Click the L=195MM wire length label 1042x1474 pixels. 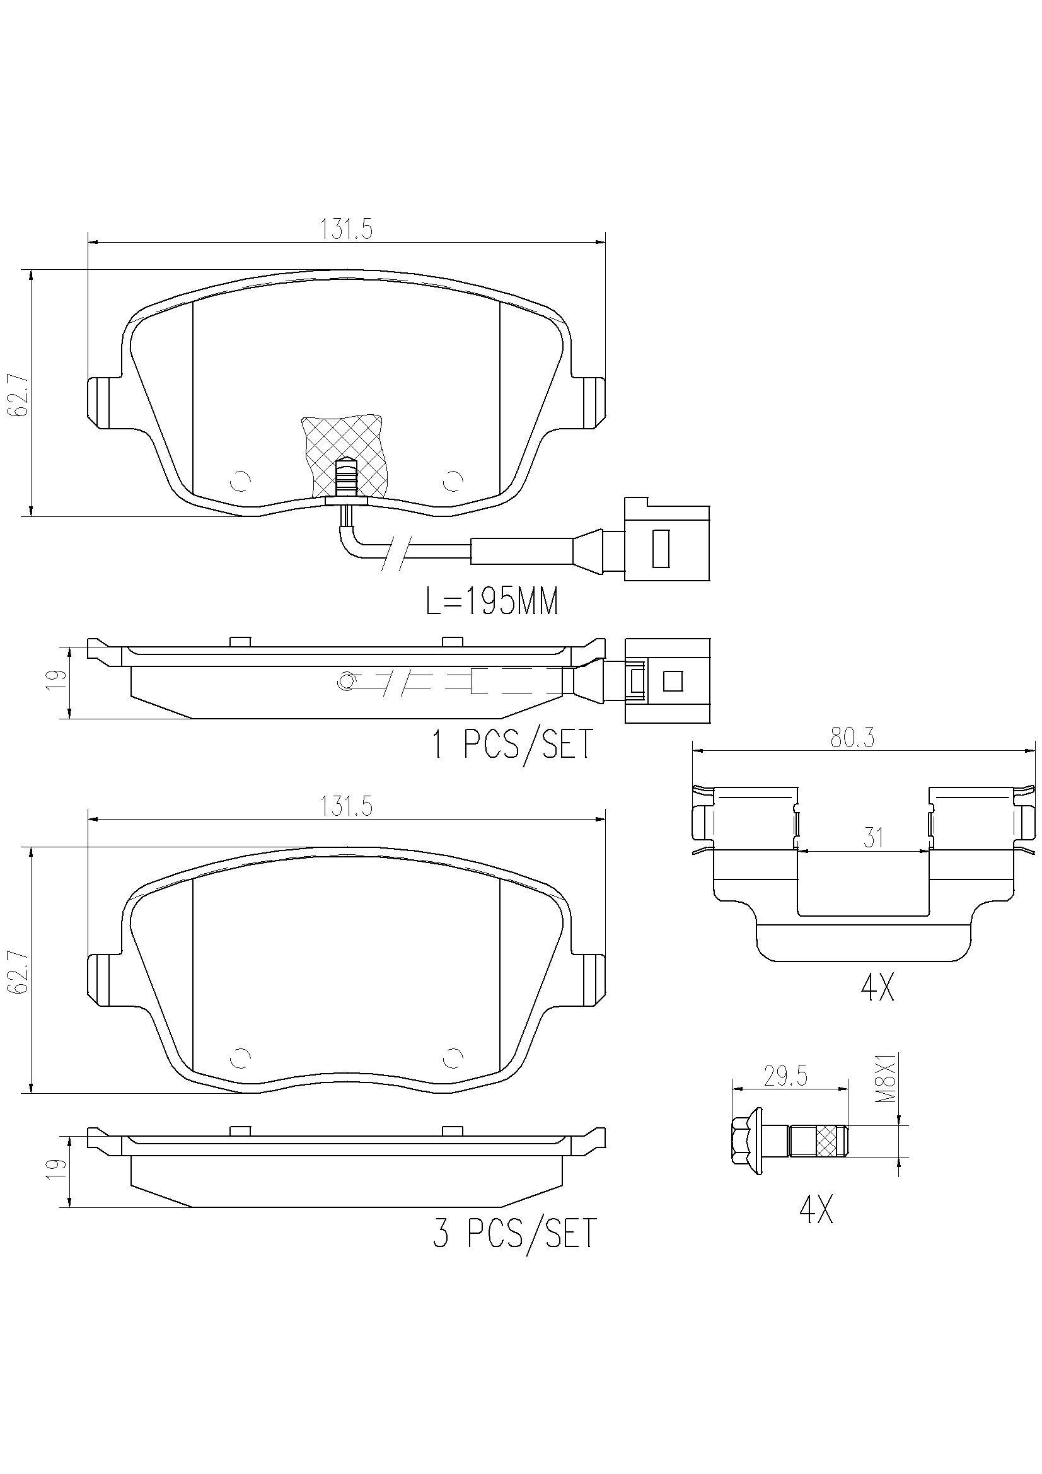(x=492, y=602)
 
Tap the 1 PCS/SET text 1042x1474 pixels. (x=512, y=745)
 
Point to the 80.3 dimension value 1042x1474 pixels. (x=853, y=739)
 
